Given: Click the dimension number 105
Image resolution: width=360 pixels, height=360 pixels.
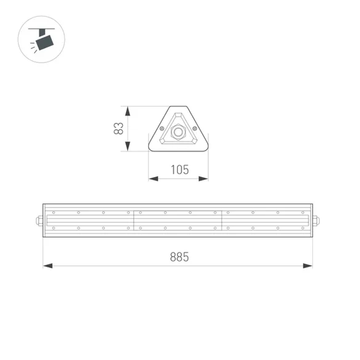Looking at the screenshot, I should click(179, 169).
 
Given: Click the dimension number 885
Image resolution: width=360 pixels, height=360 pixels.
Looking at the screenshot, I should click(179, 257).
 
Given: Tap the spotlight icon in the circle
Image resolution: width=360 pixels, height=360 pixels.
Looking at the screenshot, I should click(41, 39).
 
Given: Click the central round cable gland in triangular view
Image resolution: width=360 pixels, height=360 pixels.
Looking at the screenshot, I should click(178, 132).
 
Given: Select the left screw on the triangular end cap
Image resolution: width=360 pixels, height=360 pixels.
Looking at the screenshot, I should click(162, 128).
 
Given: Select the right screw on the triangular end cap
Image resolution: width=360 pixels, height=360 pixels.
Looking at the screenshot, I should click(195, 128).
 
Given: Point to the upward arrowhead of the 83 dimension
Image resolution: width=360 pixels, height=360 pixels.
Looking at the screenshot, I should click(127, 111).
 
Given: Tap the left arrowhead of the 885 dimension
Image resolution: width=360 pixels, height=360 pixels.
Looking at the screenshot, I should click(48, 266).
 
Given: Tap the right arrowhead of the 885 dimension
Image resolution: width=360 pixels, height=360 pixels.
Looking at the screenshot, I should click(307, 266).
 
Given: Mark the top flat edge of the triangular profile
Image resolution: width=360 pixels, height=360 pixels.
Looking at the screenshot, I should click(178, 107).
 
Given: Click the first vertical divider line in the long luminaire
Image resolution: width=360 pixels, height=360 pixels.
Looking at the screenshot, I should click(134, 220).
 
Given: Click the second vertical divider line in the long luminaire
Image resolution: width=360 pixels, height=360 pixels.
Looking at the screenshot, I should click(222, 220).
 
